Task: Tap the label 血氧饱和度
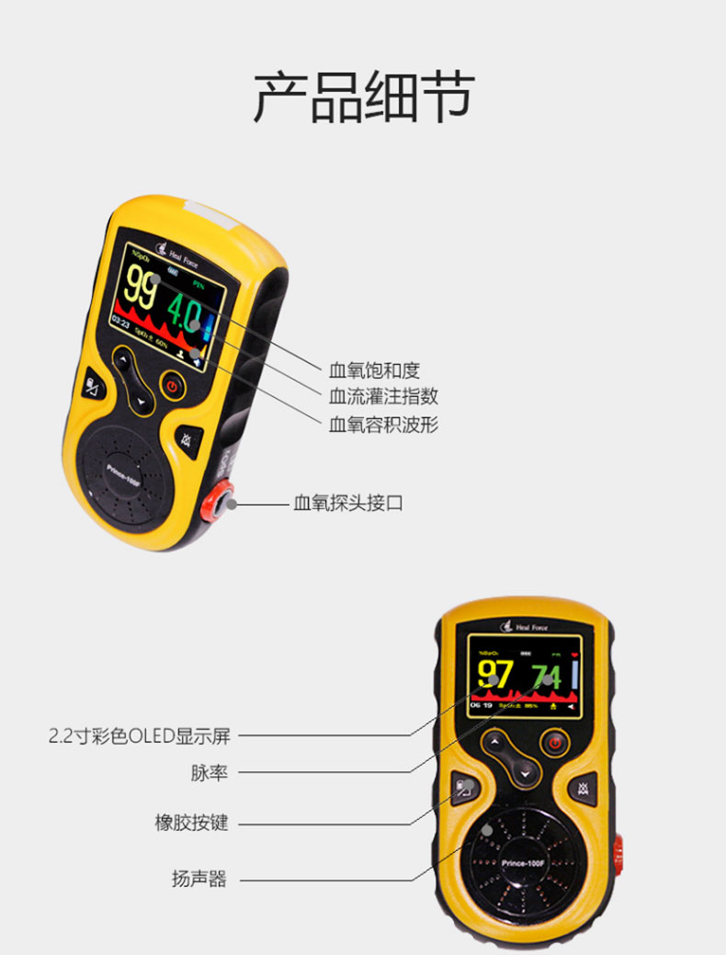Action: (x=374, y=370)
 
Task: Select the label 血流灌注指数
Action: (x=383, y=396)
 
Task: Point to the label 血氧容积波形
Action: (x=383, y=424)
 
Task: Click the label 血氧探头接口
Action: (x=348, y=503)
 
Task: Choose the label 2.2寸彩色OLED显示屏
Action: (x=139, y=735)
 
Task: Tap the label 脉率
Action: (x=209, y=773)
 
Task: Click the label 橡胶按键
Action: (x=191, y=823)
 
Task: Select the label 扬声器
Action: (x=199, y=879)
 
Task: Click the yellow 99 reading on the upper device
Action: (x=142, y=285)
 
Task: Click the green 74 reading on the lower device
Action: (x=546, y=676)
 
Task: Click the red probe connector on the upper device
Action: (x=221, y=502)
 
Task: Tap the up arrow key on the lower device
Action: (x=496, y=741)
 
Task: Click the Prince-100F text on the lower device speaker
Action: (x=523, y=863)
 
